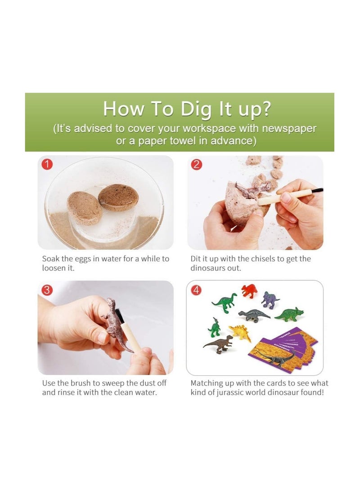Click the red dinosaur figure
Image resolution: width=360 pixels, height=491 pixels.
click(249, 291)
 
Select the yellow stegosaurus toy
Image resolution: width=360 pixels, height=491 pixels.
click(239, 332)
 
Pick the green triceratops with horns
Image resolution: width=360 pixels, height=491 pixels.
click(289, 315)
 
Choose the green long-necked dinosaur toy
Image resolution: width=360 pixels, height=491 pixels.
click(224, 302)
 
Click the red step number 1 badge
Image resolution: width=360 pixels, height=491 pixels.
click(47, 164)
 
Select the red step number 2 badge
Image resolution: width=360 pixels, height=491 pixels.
click(196, 164)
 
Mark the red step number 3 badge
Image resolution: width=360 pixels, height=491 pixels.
click(47, 290)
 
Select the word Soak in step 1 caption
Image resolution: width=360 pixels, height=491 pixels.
click(51, 259)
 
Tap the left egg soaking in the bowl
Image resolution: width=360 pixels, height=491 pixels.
click(84, 208)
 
